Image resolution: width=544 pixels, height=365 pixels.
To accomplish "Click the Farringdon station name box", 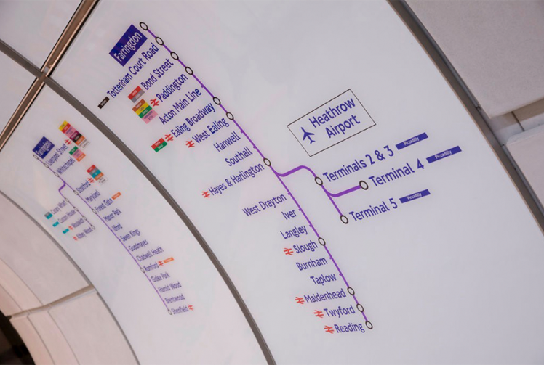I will point(128,45).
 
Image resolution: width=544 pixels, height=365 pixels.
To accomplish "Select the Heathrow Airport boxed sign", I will point(331,122).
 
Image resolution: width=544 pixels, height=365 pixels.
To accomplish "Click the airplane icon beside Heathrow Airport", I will point(308,135).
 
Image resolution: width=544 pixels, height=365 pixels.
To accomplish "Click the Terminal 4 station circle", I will point(364,185).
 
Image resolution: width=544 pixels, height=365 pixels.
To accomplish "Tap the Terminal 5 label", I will point(373,208).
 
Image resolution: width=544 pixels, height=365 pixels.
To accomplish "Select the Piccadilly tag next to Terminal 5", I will point(415,195).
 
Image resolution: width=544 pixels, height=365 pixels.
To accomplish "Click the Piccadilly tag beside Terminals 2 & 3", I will point(412,140).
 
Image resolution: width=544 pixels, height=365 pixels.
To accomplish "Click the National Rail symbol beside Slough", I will point(289,251).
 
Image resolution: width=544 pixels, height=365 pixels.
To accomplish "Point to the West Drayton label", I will point(264,205).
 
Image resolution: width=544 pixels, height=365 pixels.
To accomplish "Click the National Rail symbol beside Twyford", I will point(319,314).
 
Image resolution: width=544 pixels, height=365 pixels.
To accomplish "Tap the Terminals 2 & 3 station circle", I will point(319,181).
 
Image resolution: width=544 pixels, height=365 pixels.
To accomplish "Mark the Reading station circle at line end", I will point(369,325).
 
